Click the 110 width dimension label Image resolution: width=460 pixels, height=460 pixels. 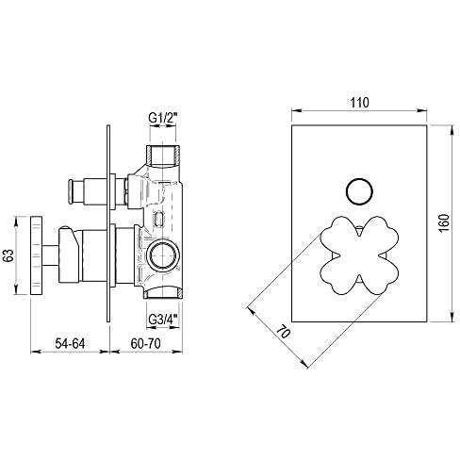(x=359, y=103)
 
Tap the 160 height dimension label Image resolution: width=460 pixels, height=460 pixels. (x=444, y=223)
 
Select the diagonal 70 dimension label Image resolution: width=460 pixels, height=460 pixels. (x=283, y=332)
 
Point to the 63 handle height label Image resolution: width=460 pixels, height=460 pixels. (x=8, y=255)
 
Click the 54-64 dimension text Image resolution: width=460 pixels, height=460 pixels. (x=70, y=343)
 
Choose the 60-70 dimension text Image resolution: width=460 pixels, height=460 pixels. (x=145, y=343)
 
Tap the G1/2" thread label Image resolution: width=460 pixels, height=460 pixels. (x=163, y=119)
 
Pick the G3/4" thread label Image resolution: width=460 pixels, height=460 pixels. (x=163, y=320)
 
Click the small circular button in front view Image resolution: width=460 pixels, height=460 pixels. (x=359, y=191)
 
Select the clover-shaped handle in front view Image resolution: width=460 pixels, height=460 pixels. (x=359, y=255)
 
